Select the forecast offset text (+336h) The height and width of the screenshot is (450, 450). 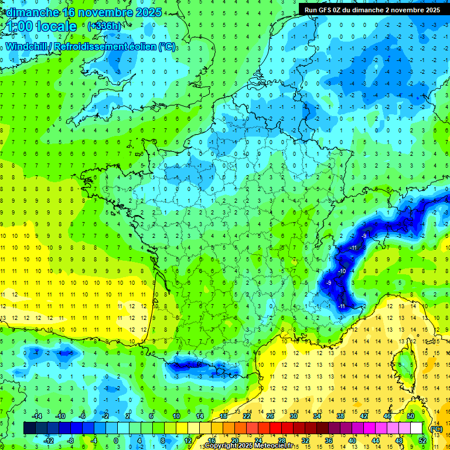coord(105,26)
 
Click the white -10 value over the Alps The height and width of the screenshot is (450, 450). coord(342,272)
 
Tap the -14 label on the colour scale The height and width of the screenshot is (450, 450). coord(36,416)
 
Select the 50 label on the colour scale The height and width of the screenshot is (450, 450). coord(411,416)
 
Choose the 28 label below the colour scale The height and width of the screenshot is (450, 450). coord(281,440)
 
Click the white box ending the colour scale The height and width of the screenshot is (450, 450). coord(416,428)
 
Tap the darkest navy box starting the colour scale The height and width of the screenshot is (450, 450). coord(29,428)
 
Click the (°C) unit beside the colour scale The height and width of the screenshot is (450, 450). coord(436,428)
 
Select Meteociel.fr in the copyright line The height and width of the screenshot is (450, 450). coord(274,446)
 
